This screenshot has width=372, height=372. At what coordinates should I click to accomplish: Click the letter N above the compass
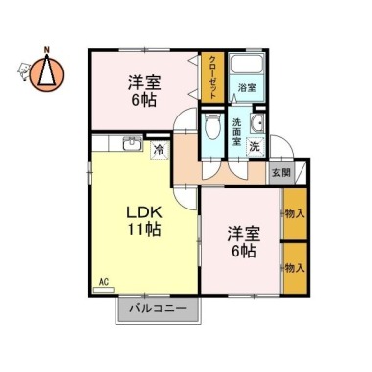pos(47,50)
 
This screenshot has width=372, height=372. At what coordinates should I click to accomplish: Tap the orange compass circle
pos(47,74)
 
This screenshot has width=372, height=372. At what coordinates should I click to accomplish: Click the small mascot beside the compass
pos(23,71)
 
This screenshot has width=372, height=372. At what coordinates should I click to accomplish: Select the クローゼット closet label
pos(212,77)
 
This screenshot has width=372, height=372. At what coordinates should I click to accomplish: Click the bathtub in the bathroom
pos(247,64)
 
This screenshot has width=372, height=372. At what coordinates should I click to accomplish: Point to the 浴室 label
pos(247,87)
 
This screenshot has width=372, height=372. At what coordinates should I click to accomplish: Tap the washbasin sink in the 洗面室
pos(257,123)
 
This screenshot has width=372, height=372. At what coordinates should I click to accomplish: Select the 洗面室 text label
pos(237,132)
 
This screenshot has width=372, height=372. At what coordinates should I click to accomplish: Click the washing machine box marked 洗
pos(255,147)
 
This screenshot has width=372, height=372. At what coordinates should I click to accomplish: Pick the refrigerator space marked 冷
pos(160,150)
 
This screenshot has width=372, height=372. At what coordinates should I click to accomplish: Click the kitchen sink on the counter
pos(132,144)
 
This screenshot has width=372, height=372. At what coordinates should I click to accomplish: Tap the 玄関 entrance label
pos(281,172)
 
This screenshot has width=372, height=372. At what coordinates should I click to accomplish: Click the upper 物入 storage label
pos(295,214)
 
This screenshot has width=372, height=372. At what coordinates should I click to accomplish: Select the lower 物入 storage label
pos(295,268)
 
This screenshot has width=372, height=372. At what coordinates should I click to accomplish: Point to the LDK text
pos(144,213)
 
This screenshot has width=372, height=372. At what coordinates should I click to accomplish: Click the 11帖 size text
pos(144,230)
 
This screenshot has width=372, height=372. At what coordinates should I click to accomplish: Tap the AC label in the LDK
pos(104,282)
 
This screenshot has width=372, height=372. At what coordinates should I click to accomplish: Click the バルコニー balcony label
pos(158,308)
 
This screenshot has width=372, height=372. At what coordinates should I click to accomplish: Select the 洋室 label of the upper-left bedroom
pos(144,83)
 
